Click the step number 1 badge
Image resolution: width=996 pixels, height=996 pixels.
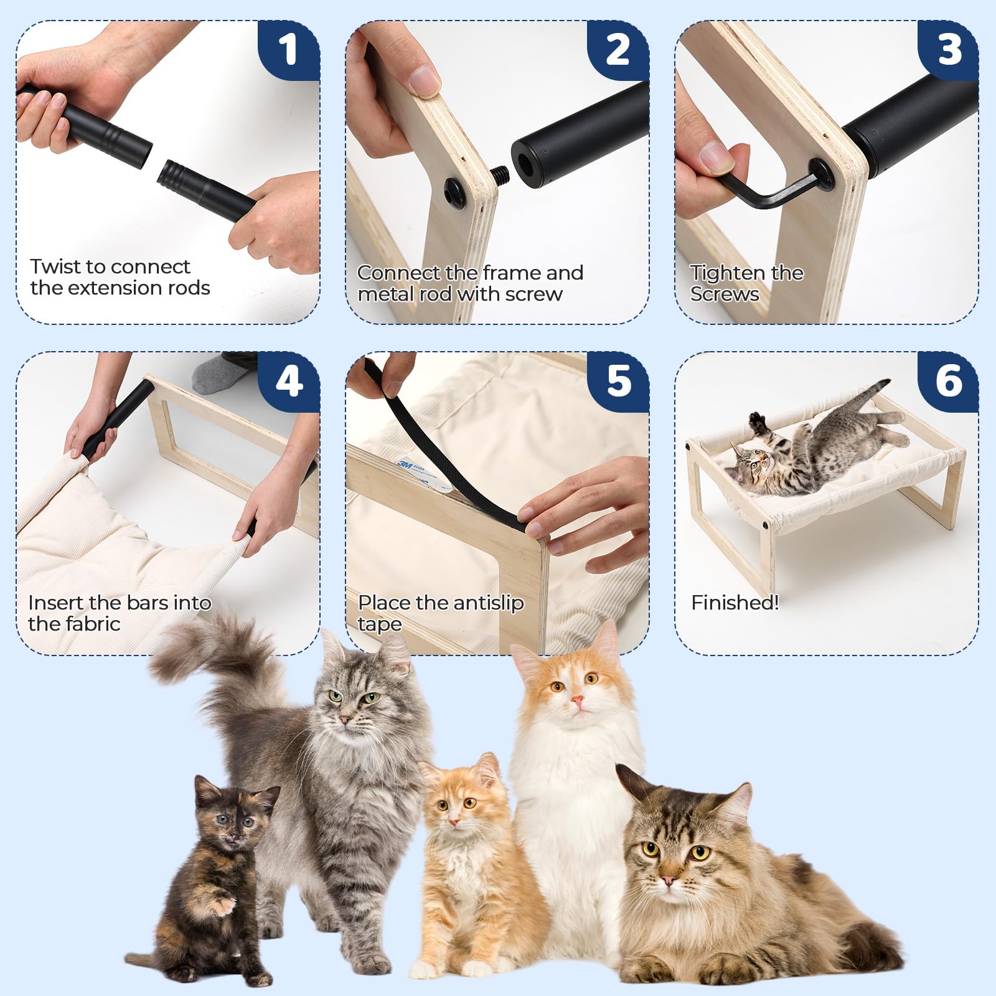(288, 50)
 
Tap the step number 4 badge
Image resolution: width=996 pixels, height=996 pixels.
(288, 381)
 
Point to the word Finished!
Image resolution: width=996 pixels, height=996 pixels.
(735, 603)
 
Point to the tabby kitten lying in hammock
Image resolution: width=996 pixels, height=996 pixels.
(809, 448)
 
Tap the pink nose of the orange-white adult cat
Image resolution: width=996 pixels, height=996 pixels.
(578, 702)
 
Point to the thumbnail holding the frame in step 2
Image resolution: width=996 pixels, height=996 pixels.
(424, 80)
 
